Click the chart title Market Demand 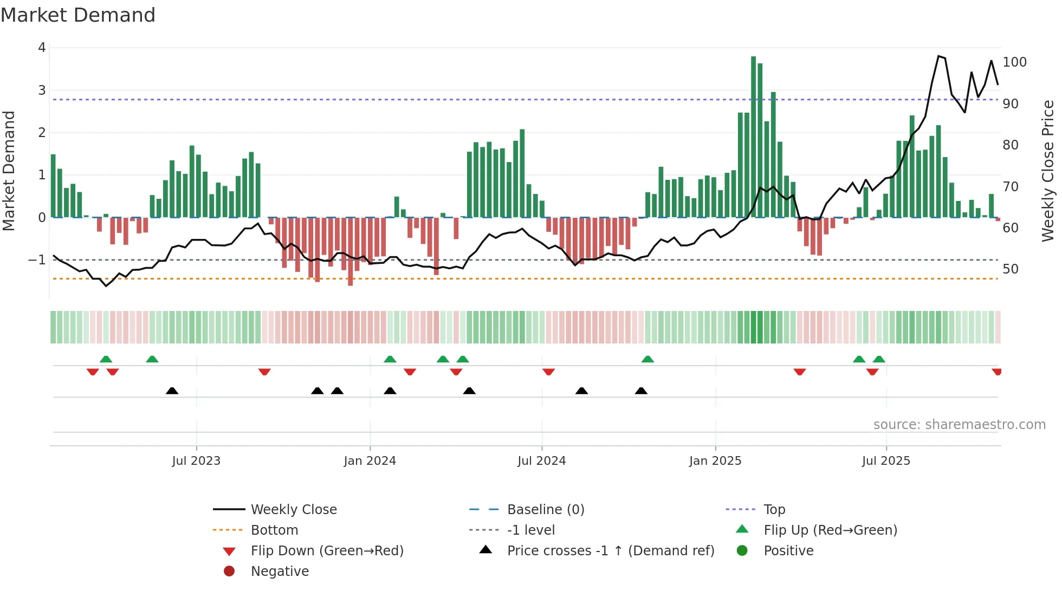pos(78,15)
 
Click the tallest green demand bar pos(753,135)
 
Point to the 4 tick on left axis pos(42,48)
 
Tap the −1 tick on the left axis pos(37,260)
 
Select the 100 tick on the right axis pos(1014,62)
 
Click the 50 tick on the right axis pos(1010,269)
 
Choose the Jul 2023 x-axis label pos(196,461)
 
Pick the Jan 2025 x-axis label pos(715,461)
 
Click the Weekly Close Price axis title pos(1048,171)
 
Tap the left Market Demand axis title pos(9,171)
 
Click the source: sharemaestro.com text pos(959,425)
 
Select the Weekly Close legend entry pos(293,510)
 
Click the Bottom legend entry pos(274,530)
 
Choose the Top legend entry pos(774,510)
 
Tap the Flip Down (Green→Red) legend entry pos(327,551)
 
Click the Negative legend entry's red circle pos(229,572)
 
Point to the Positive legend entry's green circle pos(742,551)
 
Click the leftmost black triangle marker pos(172,391)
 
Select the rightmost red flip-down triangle pos(996,372)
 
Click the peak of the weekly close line pos(939,56)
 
